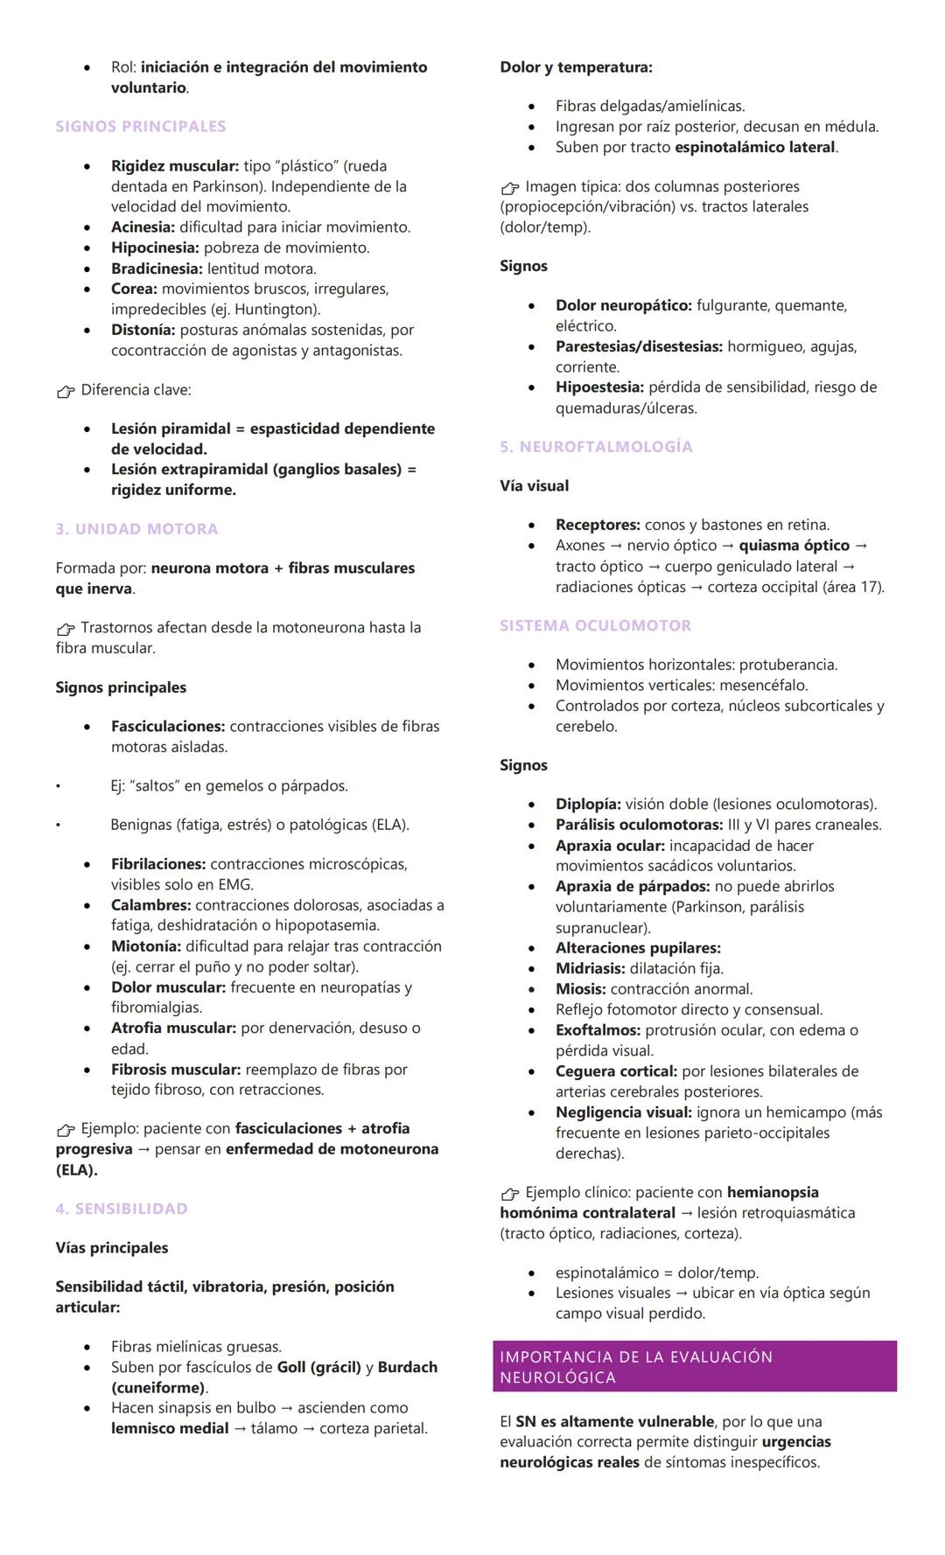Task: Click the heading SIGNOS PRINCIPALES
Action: [140, 126]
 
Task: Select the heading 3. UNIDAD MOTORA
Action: [136, 528]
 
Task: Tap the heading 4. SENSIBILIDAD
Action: [122, 1208]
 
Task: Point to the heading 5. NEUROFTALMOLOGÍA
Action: [596, 446]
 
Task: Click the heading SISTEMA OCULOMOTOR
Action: [595, 625]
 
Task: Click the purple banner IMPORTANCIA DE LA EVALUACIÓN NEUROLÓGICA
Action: [694, 1366]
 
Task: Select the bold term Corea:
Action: [134, 289]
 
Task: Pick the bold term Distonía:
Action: [143, 330]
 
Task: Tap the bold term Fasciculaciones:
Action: [168, 726]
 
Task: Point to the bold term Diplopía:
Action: [588, 804]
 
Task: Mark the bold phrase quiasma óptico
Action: [794, 545]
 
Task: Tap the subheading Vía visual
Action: [534, 485]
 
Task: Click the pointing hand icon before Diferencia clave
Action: [66, 391]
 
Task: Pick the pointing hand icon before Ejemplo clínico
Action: [510, 1194]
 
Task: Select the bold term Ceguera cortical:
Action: [616, 1070]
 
